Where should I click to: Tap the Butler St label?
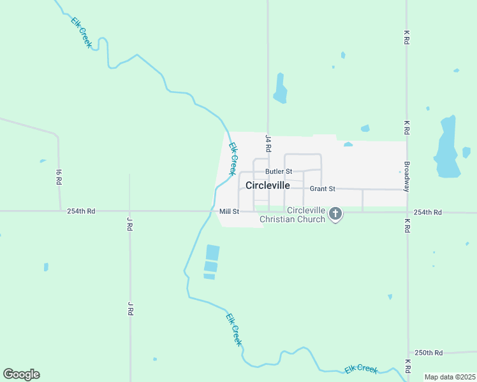click(x=279, y=171)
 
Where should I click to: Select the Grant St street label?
click(x=322, y=189)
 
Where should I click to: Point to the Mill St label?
click(x=228, y=211)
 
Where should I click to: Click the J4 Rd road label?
click(x=268, y=143)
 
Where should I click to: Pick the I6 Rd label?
click(x=58, y=176)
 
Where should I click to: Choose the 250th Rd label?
click(x=429, y=353)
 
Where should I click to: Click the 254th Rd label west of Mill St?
click(x=81, y=211)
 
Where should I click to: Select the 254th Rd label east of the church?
click(x=427, y=212)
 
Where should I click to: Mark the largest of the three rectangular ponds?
click(x=212, y=252)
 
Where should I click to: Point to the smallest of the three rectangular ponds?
click(x=209, y=276)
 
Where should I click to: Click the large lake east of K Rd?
click(x=446, y=148)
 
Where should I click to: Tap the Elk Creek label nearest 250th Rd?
click(x=361, y=369)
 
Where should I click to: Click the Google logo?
click(x=21, y=374)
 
